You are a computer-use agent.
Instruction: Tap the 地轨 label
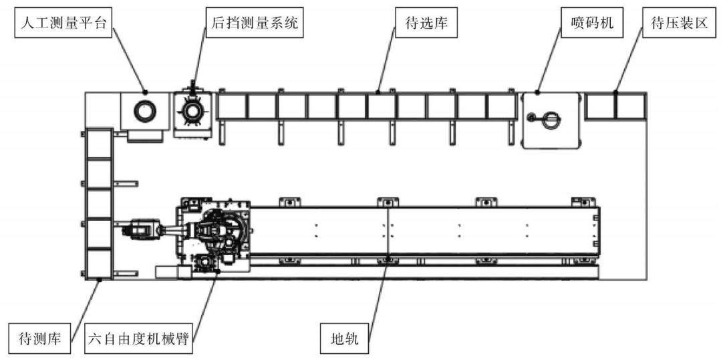tap(344, 340)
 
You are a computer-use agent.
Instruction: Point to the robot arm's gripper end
tap(138, 229)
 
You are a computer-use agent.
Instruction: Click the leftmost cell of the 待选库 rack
tap(232, 106)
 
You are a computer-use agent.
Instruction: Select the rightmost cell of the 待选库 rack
tap(502, 106)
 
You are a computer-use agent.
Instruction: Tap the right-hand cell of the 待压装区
tap(631, 106)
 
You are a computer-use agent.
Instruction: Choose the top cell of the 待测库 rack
tap(100, 144)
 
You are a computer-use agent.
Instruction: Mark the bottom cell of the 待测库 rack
tap(100, 263)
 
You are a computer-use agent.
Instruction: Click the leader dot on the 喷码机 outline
tap(538, 93)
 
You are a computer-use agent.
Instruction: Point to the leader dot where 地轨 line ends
tap(388, 257)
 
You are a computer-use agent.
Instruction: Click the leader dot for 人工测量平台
tap(145, 92)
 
